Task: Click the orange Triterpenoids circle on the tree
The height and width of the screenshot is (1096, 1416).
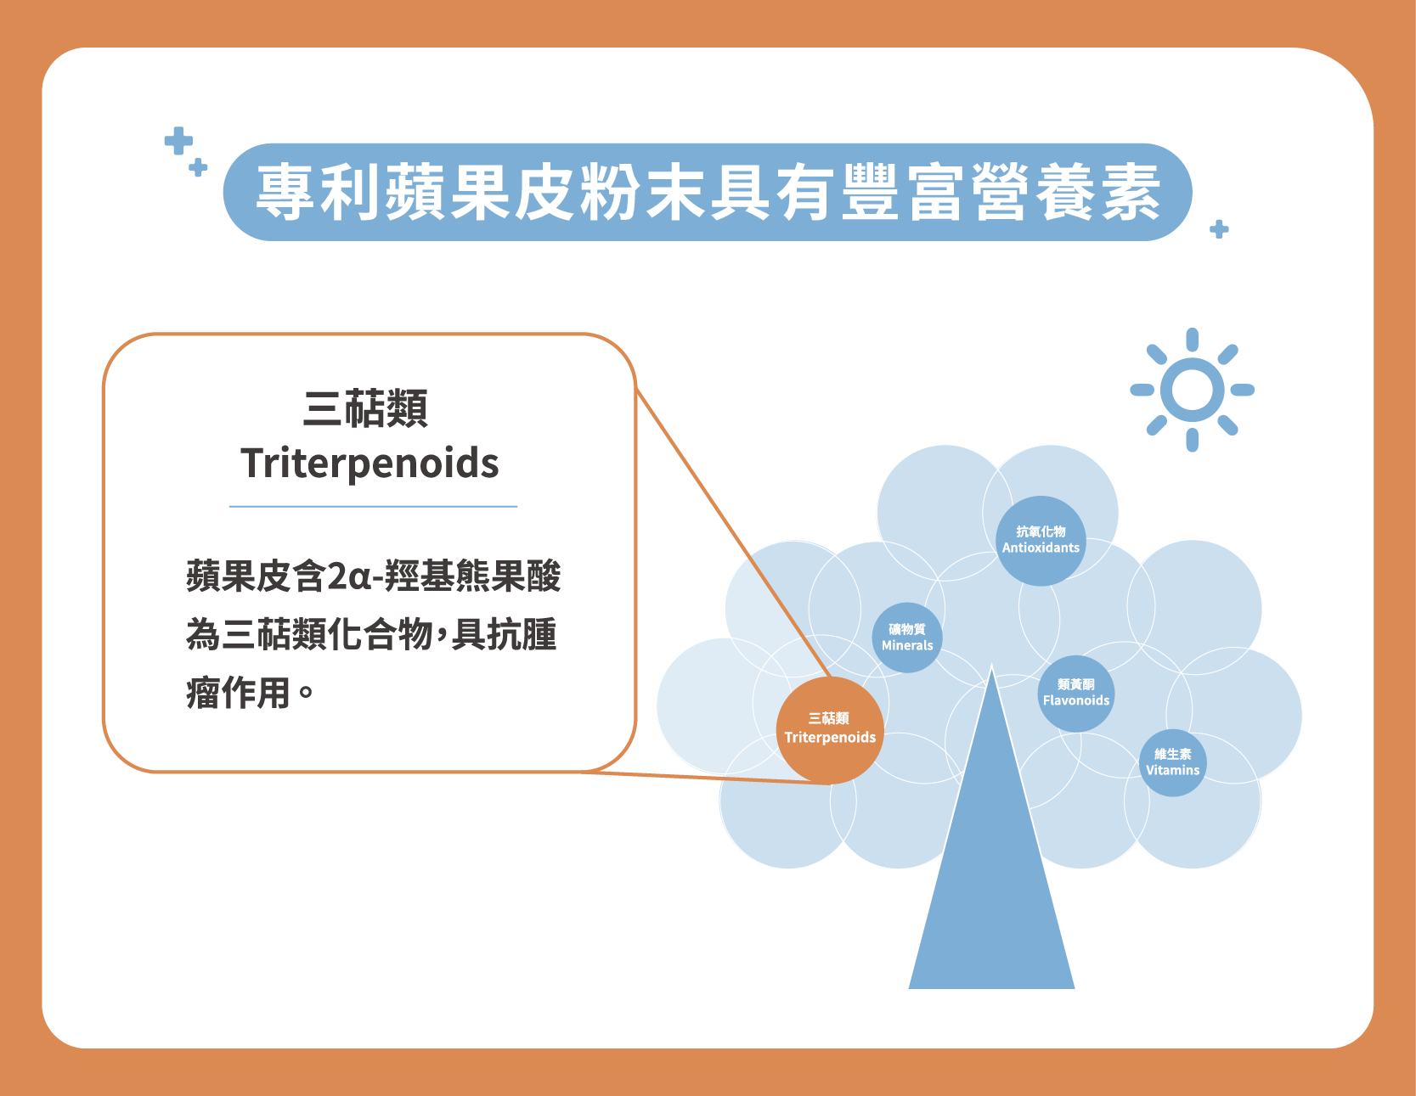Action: pos(830,730)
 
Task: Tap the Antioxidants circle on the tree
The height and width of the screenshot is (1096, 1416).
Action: pos(1041,541)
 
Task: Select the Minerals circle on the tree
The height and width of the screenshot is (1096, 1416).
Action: pos(907,638)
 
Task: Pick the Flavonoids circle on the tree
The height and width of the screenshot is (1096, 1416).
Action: pos(1076,694)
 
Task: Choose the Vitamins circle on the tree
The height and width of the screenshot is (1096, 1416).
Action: pos(1172,762)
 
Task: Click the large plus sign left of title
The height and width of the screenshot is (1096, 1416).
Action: pos(178,141)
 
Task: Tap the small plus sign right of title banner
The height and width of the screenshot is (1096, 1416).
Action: pos(1219,229)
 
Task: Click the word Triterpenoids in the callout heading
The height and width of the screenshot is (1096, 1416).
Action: pos(370,464)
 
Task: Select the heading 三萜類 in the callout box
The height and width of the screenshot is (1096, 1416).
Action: pos(366,408)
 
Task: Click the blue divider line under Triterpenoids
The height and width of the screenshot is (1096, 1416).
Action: pos(373,507)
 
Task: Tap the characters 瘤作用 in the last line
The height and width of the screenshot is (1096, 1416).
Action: pos(239,693)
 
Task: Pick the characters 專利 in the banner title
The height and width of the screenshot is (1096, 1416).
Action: pos(319,192)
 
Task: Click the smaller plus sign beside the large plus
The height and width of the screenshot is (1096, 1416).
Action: pos(198,167)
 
